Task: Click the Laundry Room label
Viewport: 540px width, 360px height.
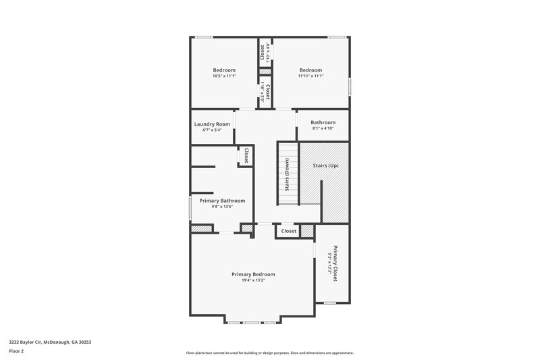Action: click(x=212, y=124)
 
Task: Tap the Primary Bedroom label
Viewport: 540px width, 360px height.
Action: click(x=253, y=274)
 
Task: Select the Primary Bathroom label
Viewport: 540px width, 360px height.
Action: click(x=222, y=201)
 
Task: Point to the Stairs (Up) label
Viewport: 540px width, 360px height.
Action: click(x=325, y=165)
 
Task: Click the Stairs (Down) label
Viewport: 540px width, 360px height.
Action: click(x=287, y=174)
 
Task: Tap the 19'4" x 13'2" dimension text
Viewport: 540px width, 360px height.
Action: click(x=253, y=280)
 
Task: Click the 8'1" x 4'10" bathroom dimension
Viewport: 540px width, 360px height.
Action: click(x=323, y=128)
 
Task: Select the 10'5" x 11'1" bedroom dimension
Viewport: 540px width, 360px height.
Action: click(x=224, y=76)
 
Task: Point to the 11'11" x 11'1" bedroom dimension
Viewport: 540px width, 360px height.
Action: click(x=310, y=76)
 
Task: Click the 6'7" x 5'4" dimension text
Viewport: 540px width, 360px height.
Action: click(x=212, y=130)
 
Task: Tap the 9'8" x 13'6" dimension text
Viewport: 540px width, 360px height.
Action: click(x=222, y=207)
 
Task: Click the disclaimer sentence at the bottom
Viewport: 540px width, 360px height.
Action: click(x=269, y=353)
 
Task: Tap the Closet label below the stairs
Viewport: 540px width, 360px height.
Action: click(x=289, y=231)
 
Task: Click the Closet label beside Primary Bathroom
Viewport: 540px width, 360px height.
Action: click(x=246, y=155)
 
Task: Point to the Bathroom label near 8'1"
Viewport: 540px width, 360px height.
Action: click(x=323, y=122)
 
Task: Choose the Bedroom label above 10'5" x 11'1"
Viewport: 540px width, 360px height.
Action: click(x=224, y=70)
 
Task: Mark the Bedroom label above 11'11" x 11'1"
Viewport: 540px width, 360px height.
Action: click(x=310, y=70)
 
